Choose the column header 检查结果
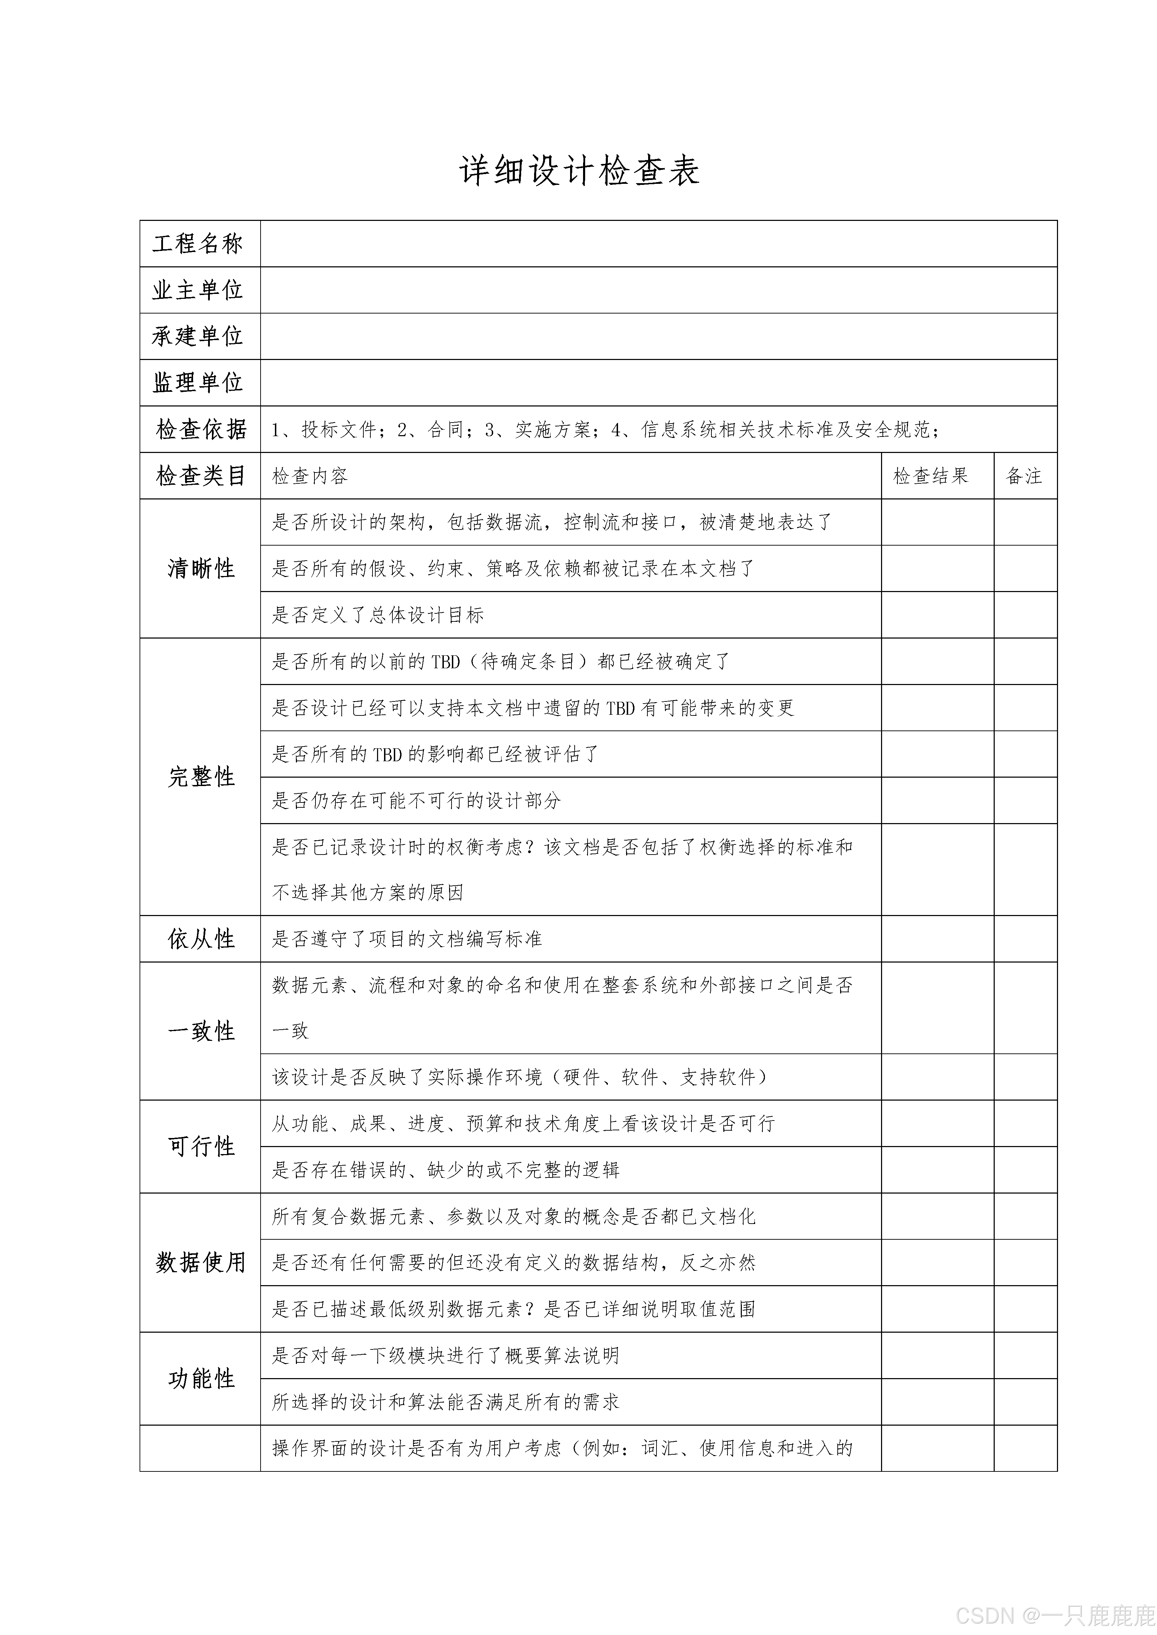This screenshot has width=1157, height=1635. (930, 476)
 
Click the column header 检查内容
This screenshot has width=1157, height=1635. (310, 476)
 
